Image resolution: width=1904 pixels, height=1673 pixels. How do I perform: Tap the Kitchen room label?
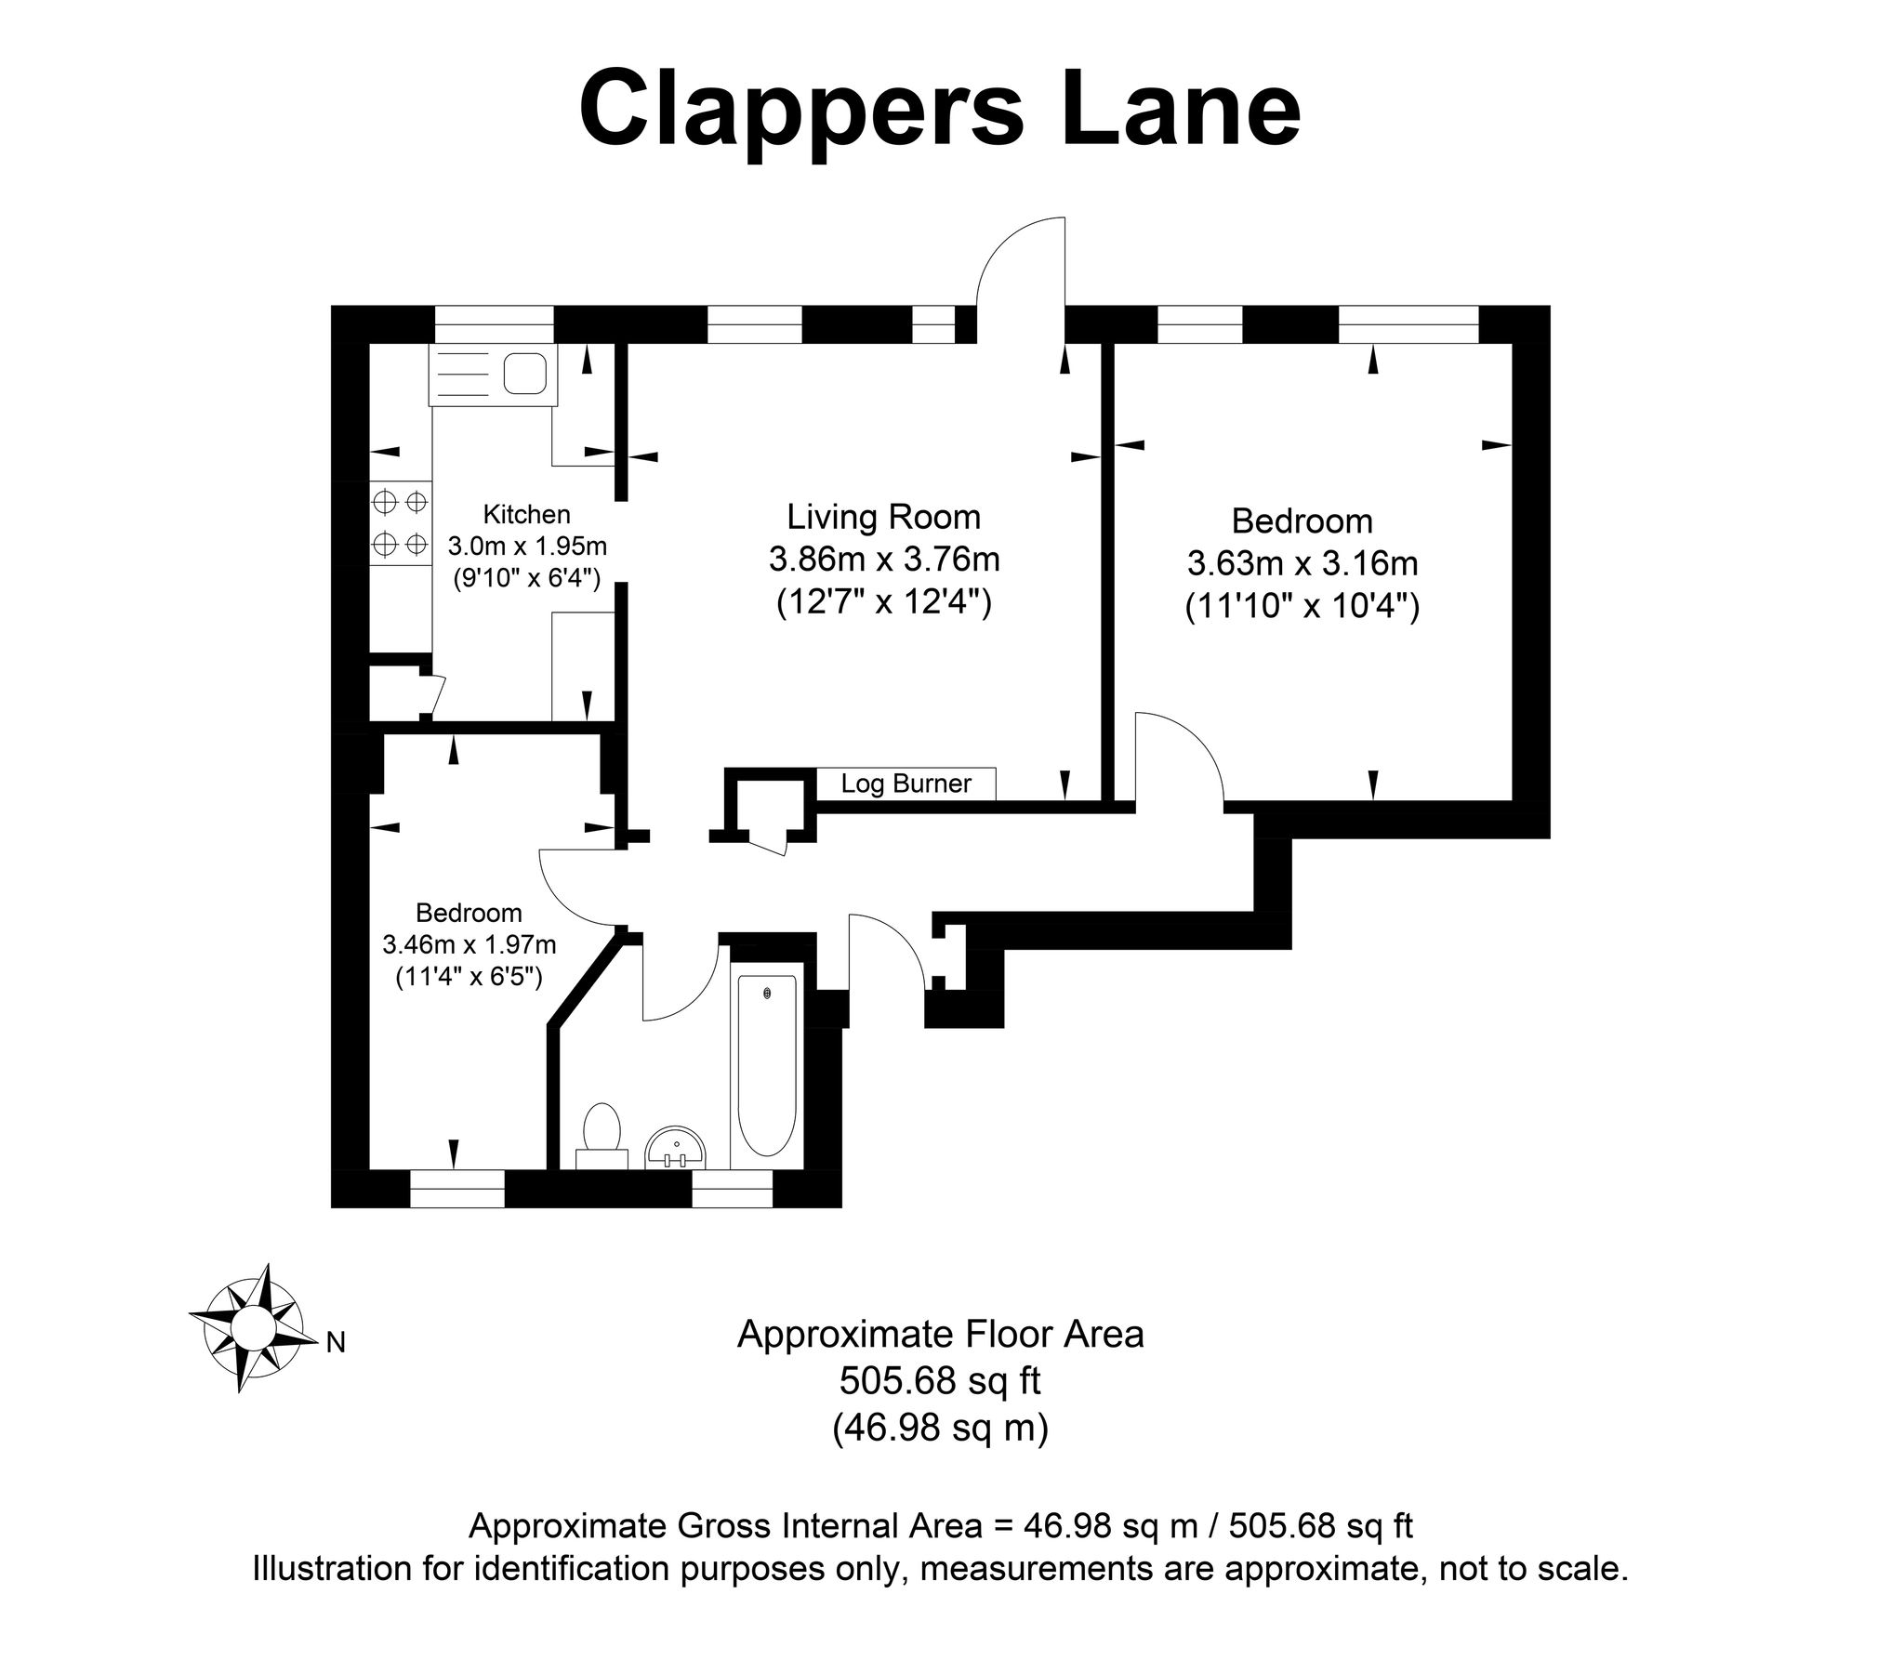point(526,514)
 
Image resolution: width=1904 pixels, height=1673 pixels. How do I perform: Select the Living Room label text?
point(883,517)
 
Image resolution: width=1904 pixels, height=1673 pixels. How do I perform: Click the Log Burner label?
point(906,784)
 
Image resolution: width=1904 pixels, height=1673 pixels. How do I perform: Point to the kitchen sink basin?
point(524,374)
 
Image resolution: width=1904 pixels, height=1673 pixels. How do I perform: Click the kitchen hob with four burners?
point(401,522)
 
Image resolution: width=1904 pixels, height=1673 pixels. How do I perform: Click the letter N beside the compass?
point(336,1342)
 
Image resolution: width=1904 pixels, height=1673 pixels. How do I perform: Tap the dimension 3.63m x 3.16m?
point(1302,563)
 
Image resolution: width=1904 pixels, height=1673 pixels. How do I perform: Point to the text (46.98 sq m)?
point(940,1427)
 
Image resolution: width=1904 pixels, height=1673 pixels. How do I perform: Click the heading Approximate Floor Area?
point(940,1335)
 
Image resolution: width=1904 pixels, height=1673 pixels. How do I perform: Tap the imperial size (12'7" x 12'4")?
point(883,602)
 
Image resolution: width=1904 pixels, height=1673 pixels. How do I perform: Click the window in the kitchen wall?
point(494,324)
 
